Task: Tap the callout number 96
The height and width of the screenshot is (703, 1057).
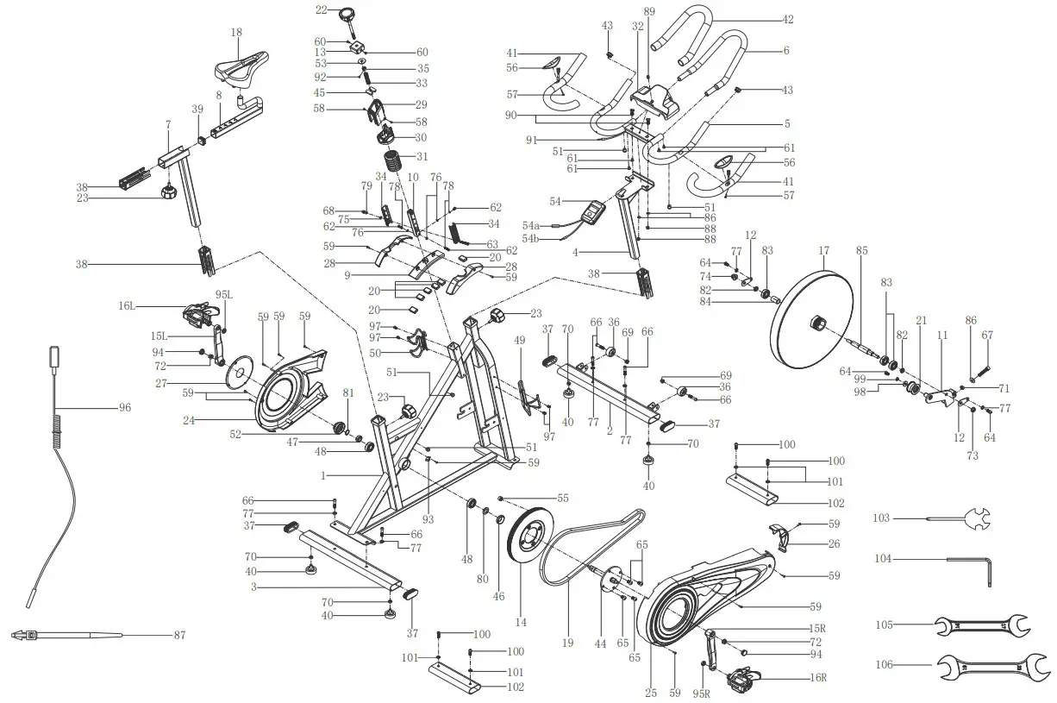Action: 125,407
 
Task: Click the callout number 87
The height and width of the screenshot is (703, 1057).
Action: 178,636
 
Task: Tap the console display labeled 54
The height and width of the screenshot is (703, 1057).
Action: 594,212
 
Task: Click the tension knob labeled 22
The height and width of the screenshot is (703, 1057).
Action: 349,15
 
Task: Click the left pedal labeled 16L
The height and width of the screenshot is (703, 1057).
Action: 199,314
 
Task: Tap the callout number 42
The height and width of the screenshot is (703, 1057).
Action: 787,19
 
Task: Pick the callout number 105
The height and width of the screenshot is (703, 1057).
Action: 882,624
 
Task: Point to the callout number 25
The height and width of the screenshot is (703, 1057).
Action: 651,692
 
